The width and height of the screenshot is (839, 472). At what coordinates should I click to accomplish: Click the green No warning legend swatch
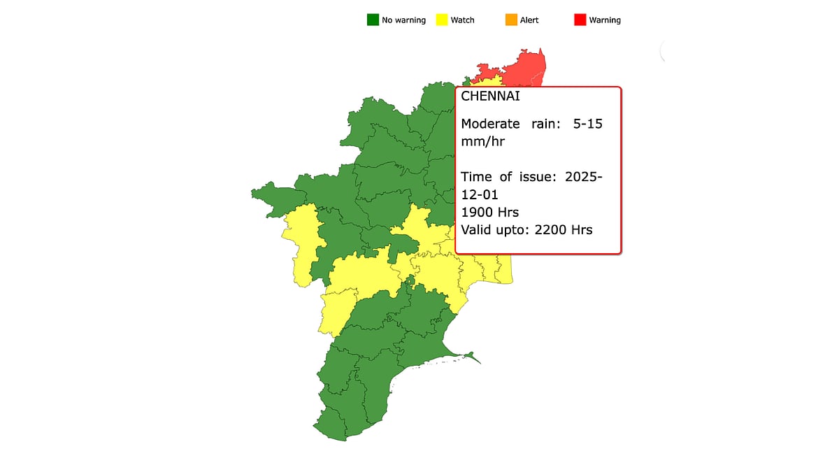373,20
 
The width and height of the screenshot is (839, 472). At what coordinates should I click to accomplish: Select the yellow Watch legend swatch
441,20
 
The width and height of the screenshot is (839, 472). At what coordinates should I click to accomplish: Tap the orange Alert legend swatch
511,20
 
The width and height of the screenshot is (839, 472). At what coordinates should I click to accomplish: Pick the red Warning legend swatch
580,20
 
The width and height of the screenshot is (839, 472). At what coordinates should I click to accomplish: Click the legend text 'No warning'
403,20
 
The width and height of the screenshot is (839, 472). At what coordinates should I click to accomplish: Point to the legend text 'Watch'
462,20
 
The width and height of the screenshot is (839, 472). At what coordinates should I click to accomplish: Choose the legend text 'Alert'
529,20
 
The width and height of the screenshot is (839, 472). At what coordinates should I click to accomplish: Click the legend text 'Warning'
605,20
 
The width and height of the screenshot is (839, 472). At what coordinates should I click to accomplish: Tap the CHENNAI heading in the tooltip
490,96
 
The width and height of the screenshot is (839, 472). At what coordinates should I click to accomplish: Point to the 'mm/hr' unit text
482,141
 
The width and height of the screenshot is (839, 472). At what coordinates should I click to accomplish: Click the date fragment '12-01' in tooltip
480,194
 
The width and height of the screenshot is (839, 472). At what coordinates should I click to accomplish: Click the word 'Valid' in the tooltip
478,229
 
